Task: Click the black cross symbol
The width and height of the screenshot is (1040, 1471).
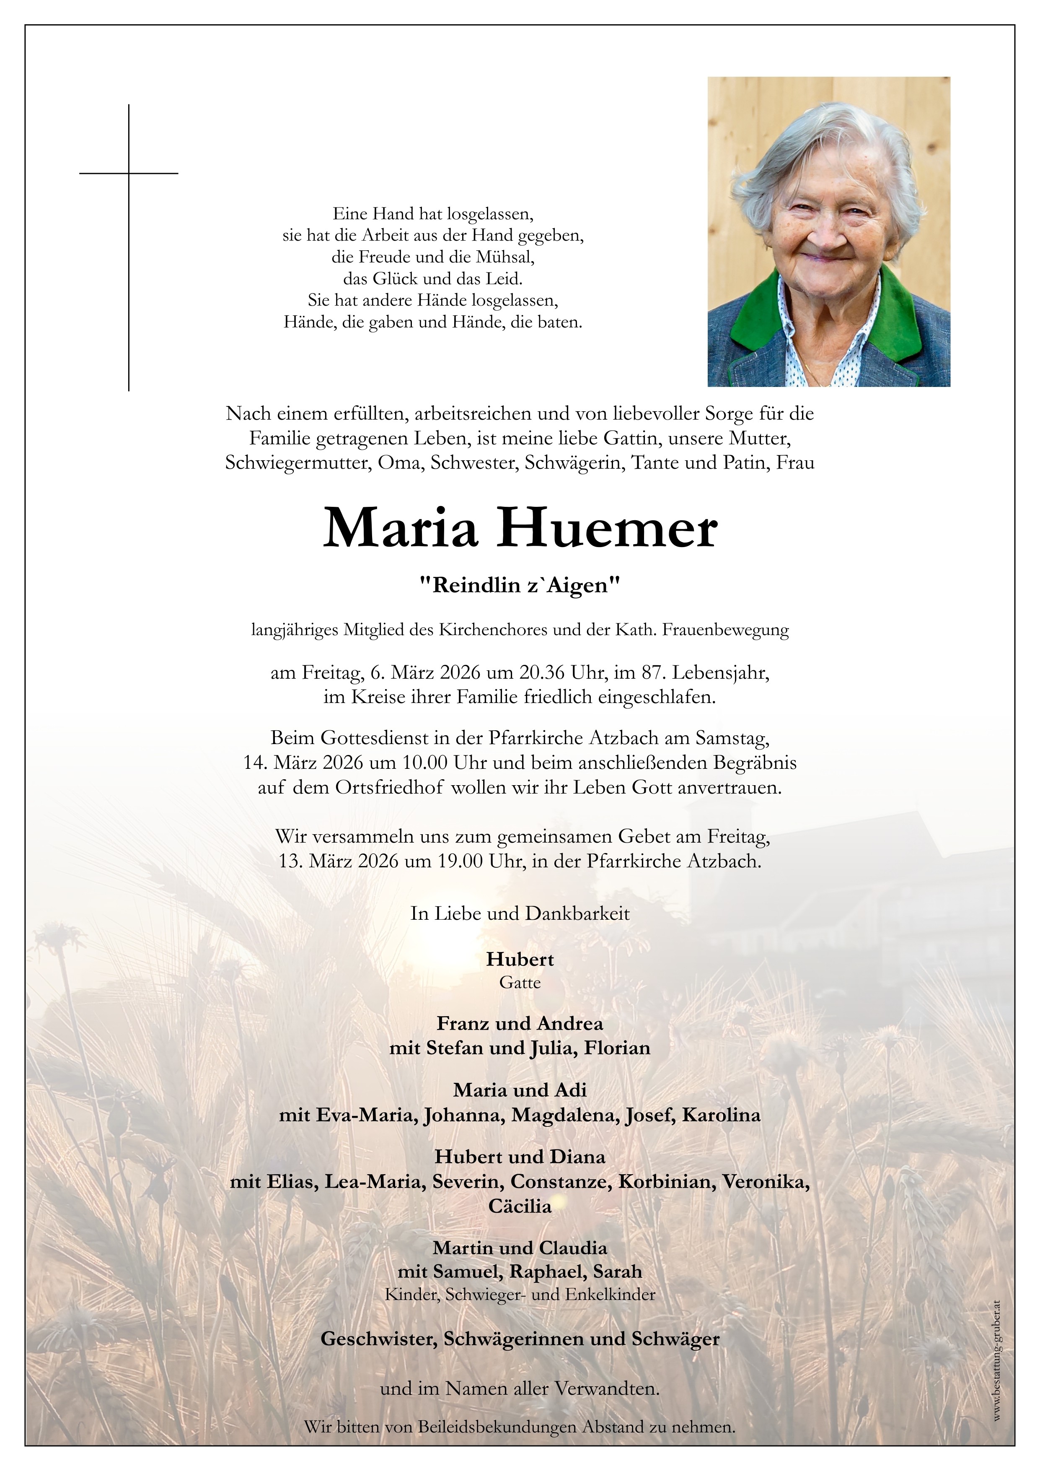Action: [x=129, y=192]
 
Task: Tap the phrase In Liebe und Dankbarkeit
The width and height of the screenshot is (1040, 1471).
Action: [x=520, y=913]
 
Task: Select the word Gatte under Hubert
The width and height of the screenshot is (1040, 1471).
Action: [x=520, y=982]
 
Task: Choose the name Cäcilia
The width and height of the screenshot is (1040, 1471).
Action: [x=520, y=1206]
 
